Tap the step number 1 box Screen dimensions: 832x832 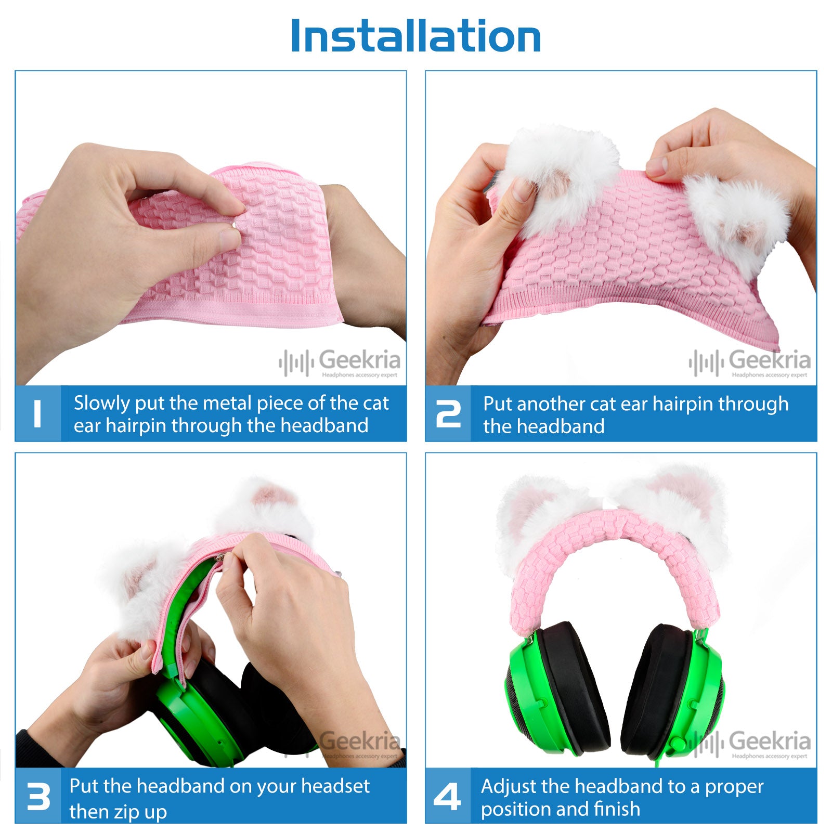[38, 413]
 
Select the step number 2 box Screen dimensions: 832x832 [448, 413]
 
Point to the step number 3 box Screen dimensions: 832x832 [38, 796]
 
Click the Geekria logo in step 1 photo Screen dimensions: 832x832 [340, 362]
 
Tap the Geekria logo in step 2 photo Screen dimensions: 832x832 [749, 362]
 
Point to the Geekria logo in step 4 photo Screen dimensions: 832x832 [749, 744]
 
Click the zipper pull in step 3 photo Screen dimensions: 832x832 [220, 561]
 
